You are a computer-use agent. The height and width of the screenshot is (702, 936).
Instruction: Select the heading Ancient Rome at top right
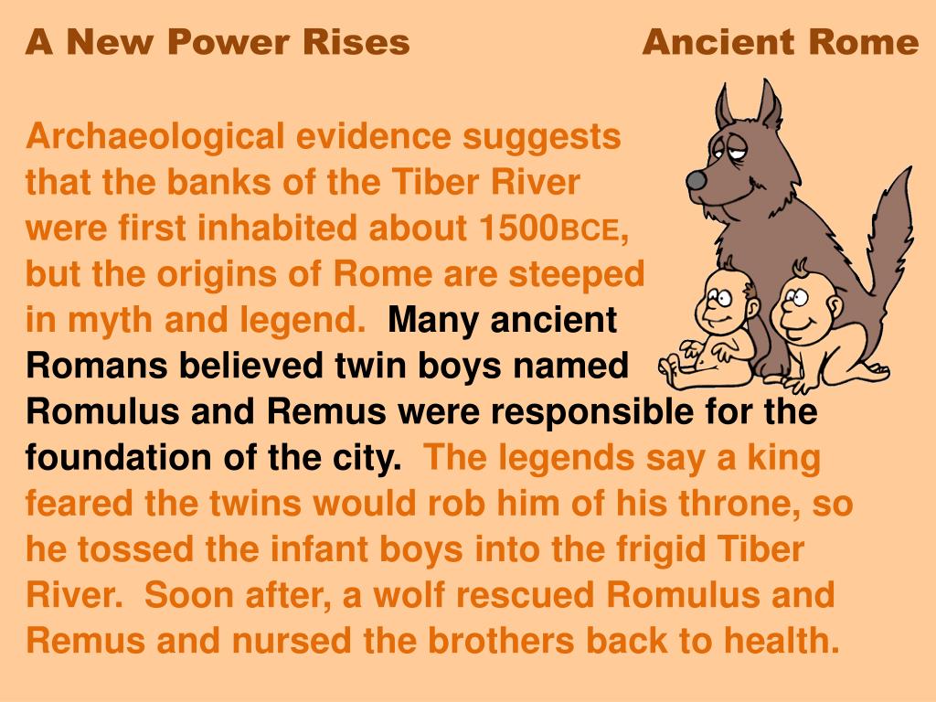pyautogui.click(x=780, y=42)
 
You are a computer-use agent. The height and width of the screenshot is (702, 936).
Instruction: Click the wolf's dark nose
pyautogui.click(x=697, y=180)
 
